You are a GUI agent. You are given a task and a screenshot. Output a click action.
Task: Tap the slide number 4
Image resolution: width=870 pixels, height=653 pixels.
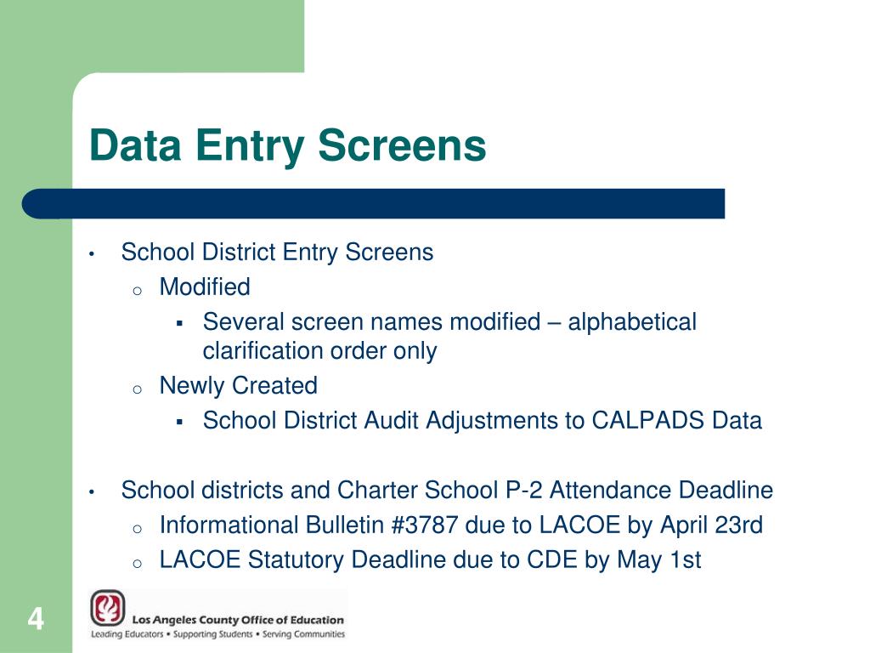36,618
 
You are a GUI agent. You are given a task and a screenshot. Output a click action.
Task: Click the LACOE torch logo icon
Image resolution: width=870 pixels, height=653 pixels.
108,609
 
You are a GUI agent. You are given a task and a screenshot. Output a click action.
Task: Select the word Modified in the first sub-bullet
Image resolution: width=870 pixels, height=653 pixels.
205,287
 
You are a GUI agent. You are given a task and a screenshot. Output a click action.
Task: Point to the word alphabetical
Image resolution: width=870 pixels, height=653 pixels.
632,322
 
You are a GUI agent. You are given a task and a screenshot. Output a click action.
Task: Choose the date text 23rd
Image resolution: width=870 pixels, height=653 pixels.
740,525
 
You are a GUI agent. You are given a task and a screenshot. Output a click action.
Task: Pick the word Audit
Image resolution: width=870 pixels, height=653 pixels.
393,420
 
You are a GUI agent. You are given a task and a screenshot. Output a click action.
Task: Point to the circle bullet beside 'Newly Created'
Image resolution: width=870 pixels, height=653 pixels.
137,389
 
